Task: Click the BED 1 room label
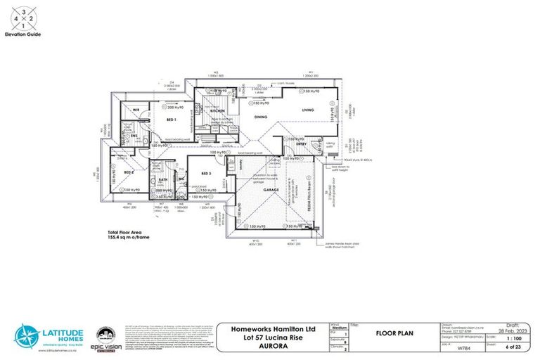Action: pyautogui.click(x=171, y=120)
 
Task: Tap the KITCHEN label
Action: pyautogui.click(x=217, y=111)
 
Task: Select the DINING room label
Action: pyautogui.click(x=241, y=117)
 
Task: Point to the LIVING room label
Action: pyautogui.click(x=308, y=110)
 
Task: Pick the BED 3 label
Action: pyautogui.click(x=206, y=173)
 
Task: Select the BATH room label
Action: pyautogui.click(x=162, y=180)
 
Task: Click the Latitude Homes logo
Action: pyautogui.click(x=49, y=336)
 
